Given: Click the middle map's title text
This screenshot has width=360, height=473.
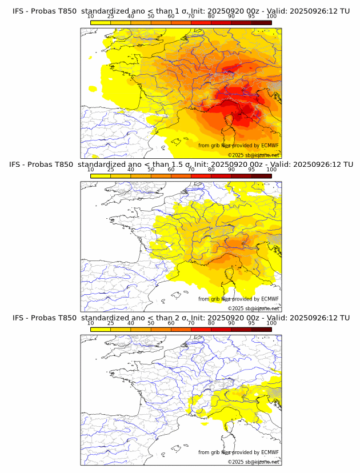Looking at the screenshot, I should click(x=181, y=165).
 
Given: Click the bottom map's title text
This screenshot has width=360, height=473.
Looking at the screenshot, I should click(x=181, y=318).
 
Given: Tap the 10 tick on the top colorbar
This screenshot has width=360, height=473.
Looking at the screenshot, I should click(x=91, y=17).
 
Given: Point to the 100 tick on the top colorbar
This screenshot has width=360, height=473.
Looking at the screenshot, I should click(x=271, y=17).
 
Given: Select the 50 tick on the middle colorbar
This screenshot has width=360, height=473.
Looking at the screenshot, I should click(x=151, y=170).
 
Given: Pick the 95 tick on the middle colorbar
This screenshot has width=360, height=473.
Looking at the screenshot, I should click(x=251, y=170).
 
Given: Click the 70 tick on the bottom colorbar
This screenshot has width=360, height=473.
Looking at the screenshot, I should click(x=191, y=323).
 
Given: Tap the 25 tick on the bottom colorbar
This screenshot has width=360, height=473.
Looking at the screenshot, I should click(x=111, y=323).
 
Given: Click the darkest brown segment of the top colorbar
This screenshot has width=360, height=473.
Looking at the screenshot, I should click(x=261, y=22).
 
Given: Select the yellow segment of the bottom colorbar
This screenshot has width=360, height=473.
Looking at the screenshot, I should click(x=101, y=329).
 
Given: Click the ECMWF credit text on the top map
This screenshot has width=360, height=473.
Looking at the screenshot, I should click(x=239, y=146).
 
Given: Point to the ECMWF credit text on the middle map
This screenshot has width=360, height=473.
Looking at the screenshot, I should click(x=239, y=299).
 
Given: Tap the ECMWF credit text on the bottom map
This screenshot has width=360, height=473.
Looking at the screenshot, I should click(x=239, y=452).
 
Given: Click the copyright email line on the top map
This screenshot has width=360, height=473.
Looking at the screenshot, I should click(x=254, y=155).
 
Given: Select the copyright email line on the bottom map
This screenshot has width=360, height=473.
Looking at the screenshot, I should click(x=254, y=462).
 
